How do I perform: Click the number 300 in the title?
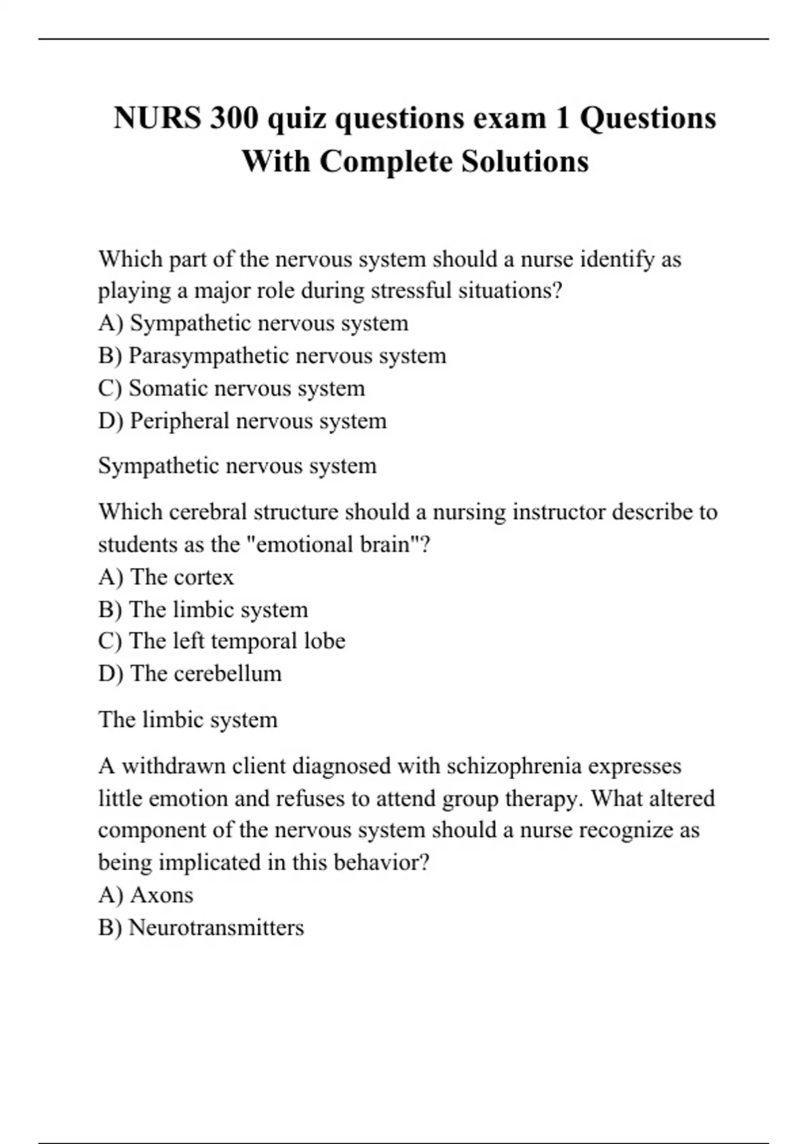(234, 118)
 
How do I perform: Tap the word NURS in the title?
(157, 118)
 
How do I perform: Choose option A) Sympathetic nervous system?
(253, 324)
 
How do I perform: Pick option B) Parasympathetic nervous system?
(272, 356)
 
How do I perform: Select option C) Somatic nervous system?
(232, 388)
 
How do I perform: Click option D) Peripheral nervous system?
(242, 421)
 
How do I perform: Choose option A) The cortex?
(166, 577)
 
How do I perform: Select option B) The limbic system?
(203, 610)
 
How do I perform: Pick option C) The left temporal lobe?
(222, 641)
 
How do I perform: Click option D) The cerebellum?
(190, 674)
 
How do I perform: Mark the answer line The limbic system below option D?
(188, 720)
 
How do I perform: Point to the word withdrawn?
(173, 766)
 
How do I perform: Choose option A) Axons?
(145, 895)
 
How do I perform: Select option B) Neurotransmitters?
(201, 928)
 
